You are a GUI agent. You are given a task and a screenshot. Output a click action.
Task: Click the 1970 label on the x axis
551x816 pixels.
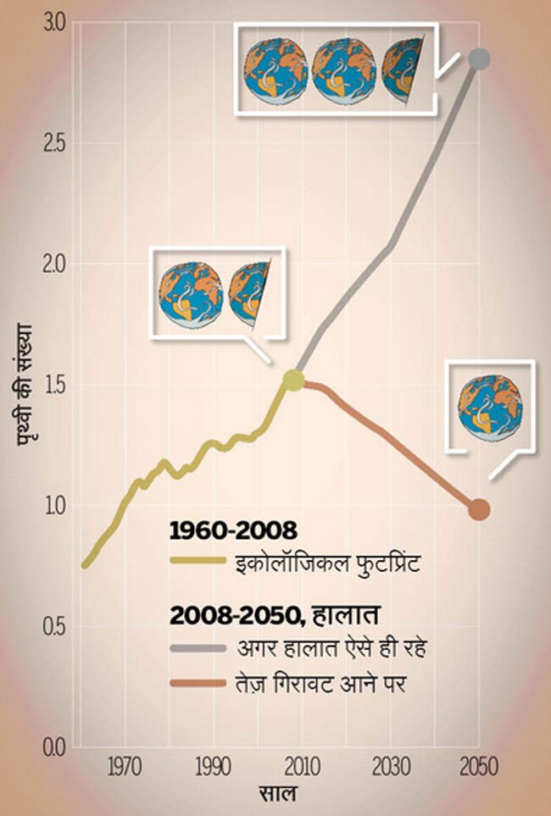(x=124, y=769)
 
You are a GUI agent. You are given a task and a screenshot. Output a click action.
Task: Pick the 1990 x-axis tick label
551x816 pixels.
(x=213, y=769)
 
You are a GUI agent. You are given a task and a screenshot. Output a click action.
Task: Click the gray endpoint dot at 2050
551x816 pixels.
(x=480, y=58)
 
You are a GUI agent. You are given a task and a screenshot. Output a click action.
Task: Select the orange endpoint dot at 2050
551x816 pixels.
(x=479, y=509)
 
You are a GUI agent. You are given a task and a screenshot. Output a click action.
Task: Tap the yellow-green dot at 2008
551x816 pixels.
(x=293, y=380)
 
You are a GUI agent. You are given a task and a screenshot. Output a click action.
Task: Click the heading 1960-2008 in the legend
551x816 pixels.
(x=233, y=531)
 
